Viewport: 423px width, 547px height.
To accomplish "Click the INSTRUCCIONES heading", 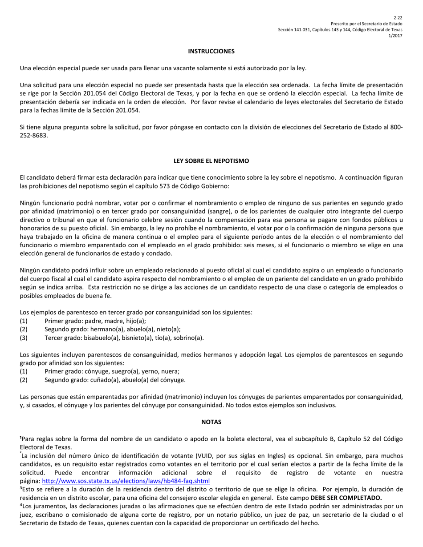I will coord(211,51).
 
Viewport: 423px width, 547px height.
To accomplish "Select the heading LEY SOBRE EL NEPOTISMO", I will coord(211,161).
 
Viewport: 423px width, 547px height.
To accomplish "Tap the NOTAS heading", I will coord(211,422).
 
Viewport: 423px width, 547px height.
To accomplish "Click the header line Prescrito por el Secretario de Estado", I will coord(366,24).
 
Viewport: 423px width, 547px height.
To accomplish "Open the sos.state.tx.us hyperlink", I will coord(126,481).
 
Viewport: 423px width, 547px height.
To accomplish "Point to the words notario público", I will coord(236,515).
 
